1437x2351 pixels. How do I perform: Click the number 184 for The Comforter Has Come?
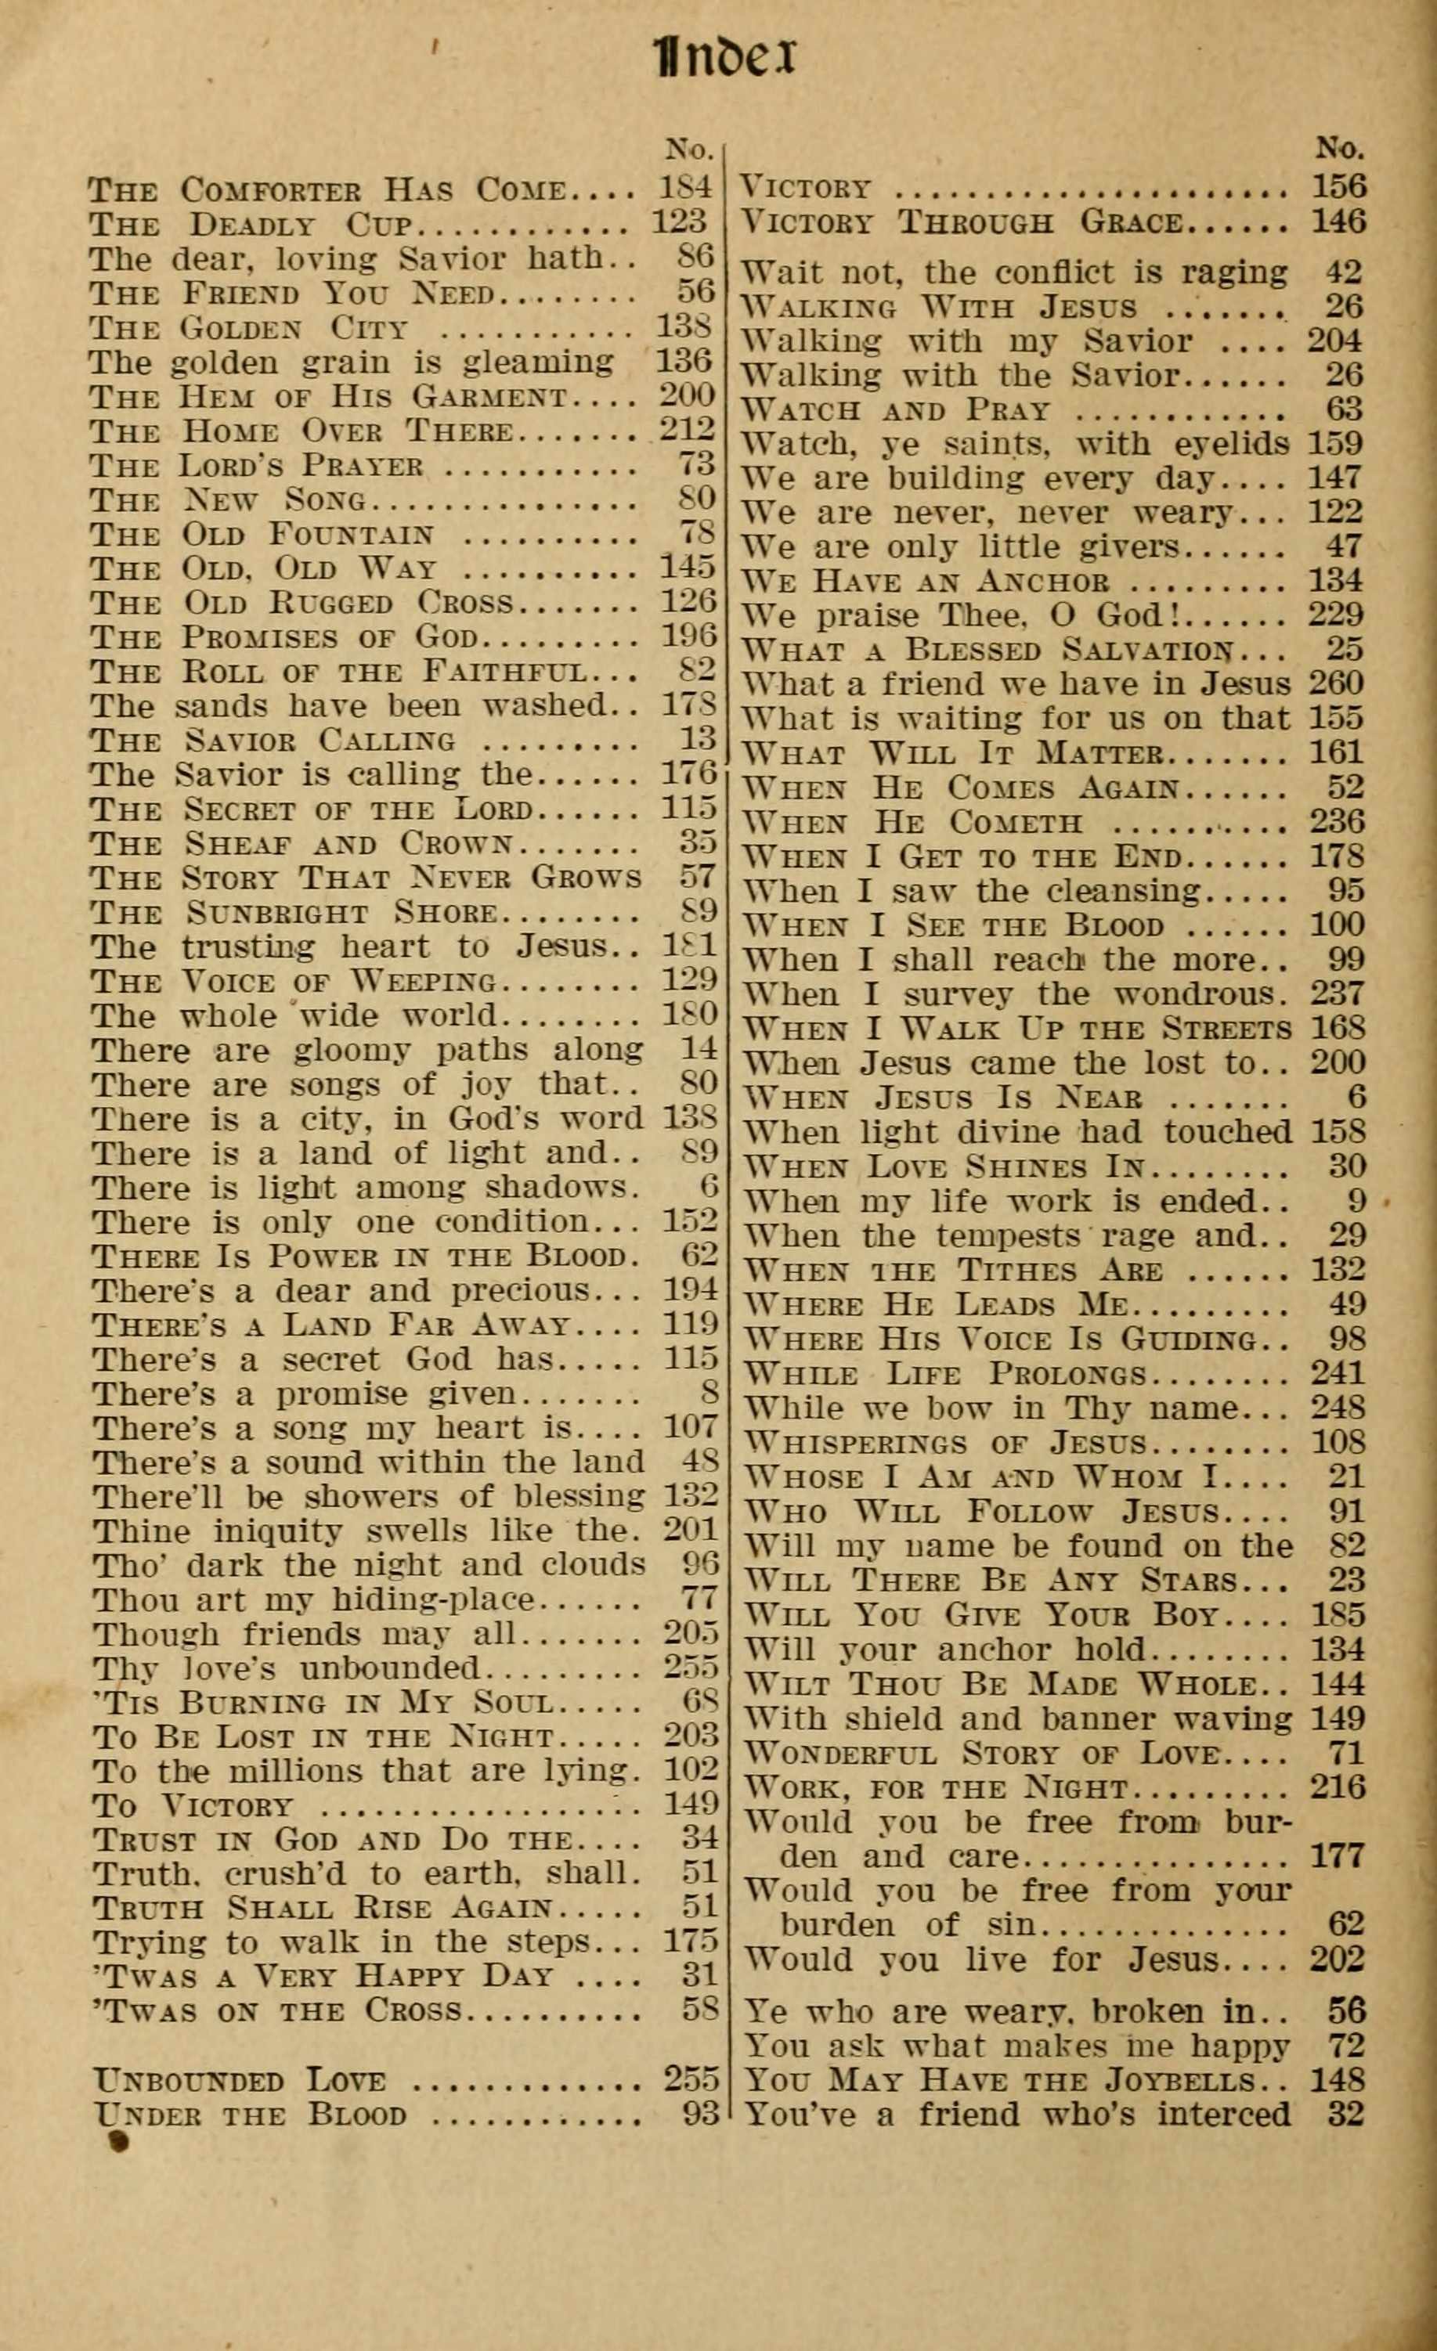coord(685,188)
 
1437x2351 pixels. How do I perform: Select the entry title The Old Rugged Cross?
coord(301,603)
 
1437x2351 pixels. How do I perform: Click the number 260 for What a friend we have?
coord(1336,683)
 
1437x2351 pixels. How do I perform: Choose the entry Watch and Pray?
coord(896,410)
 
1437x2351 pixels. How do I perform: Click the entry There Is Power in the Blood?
coord(362,1257)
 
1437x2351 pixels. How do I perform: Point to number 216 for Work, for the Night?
coord(1338,1787)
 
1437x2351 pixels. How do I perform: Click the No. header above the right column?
coord(1341,149)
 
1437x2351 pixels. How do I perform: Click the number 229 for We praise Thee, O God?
coord(1336,615)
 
